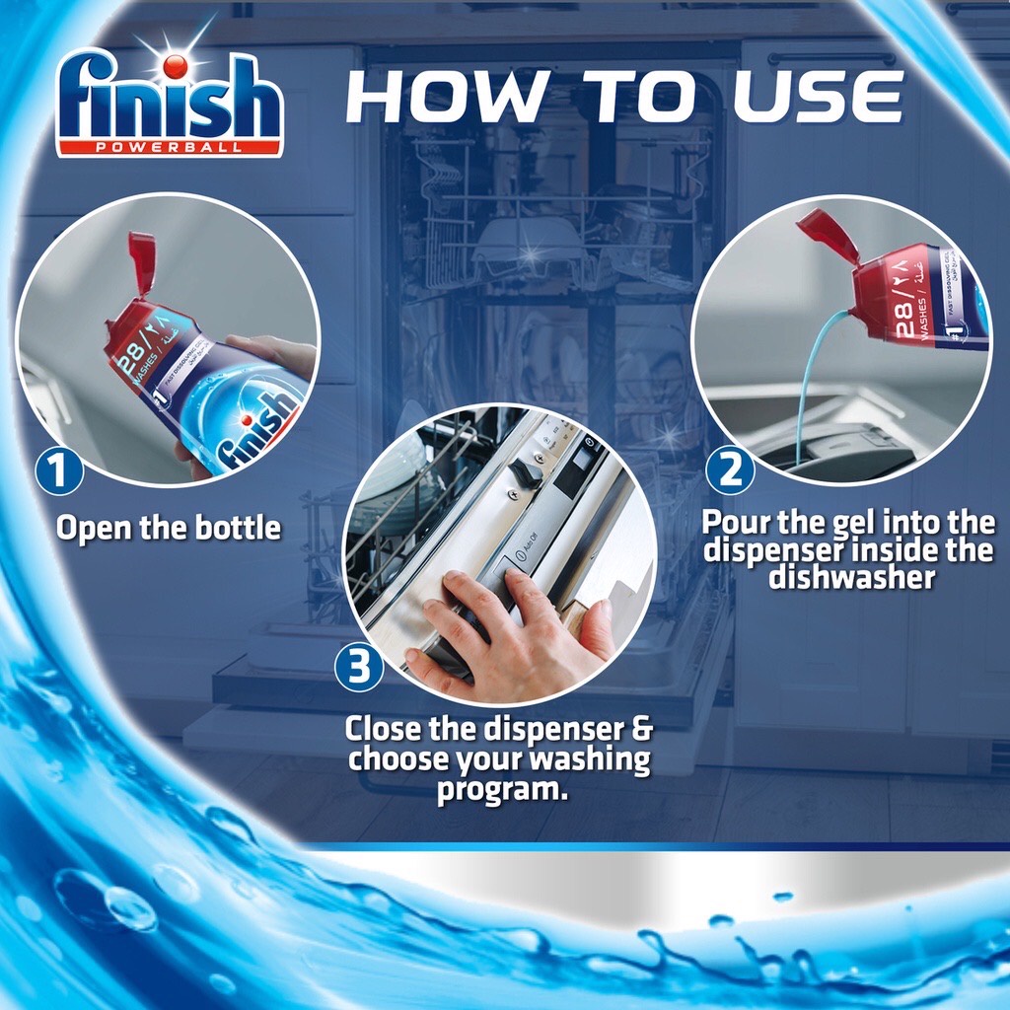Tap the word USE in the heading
[817, 97]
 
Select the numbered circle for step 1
[58, 470]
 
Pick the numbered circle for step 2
[730, 470]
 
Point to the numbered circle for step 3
[359, 668]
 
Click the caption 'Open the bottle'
[168, 528]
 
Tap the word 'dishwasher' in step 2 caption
[851, 576]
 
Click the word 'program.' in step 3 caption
[503, 788]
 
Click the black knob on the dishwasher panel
[526, 473]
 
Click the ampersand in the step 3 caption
[640, 732]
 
